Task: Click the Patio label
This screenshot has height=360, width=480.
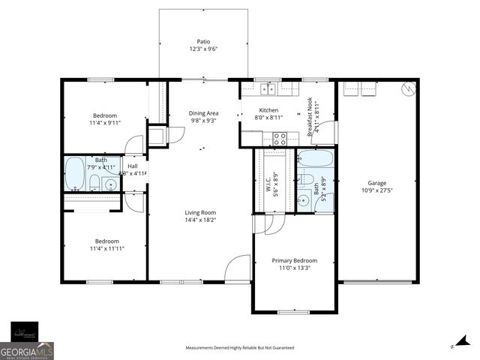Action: pos(203,42)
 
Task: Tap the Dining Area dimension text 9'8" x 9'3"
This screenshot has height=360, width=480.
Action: pos(203,121)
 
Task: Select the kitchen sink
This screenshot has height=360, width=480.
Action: pos(269,89)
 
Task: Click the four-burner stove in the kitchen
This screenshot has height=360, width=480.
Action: pos(280,138)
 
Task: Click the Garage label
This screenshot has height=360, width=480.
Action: pos(376,183)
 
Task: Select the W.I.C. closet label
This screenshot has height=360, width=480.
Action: pos(267,184)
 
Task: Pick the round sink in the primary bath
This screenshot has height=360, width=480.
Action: pos(304,199)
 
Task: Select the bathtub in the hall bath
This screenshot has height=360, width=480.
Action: pos(74,173)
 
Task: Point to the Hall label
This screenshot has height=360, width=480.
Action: pos(132,166)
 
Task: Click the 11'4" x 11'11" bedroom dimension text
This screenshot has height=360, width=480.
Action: pos(106,248)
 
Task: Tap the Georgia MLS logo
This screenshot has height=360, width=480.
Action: pos(27,350)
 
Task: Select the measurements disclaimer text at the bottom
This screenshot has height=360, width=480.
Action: pos(240,348)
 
